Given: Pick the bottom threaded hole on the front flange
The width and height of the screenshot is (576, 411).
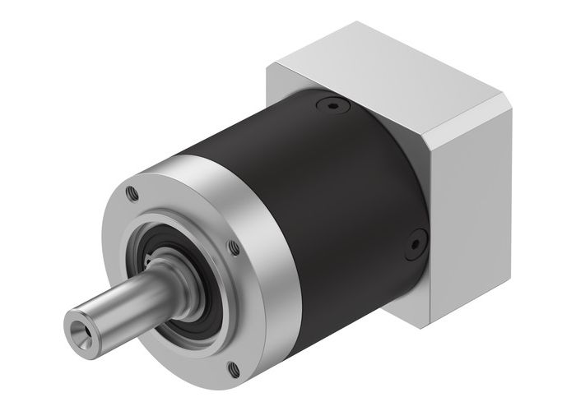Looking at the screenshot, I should [233, 368].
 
